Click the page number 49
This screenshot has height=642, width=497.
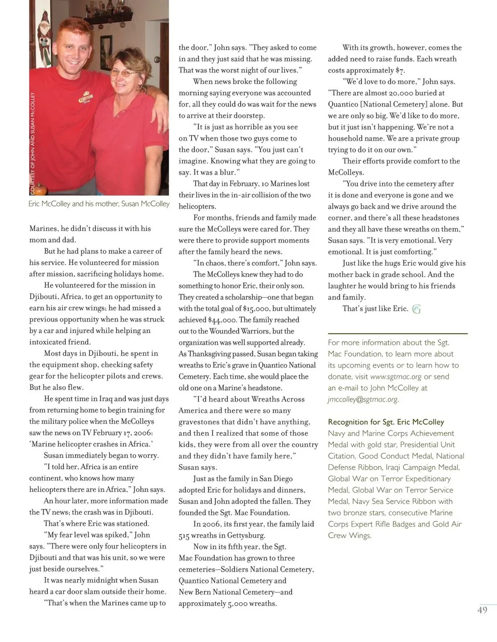482,610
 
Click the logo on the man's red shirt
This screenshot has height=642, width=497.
86,97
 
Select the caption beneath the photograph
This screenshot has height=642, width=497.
99,204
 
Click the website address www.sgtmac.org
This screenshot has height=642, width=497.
396,376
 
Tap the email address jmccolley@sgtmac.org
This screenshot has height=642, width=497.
363,399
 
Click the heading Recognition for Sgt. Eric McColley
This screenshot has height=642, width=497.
386,422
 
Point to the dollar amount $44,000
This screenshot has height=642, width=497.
222,320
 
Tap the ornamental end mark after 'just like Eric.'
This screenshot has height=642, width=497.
416,309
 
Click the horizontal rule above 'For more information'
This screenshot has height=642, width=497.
398,333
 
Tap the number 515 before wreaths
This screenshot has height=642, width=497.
185,536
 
